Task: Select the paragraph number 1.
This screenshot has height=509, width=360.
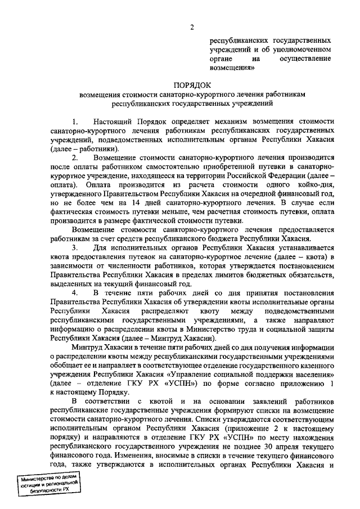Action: coord(74,121)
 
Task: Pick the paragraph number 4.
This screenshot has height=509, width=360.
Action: coord(74,292)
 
